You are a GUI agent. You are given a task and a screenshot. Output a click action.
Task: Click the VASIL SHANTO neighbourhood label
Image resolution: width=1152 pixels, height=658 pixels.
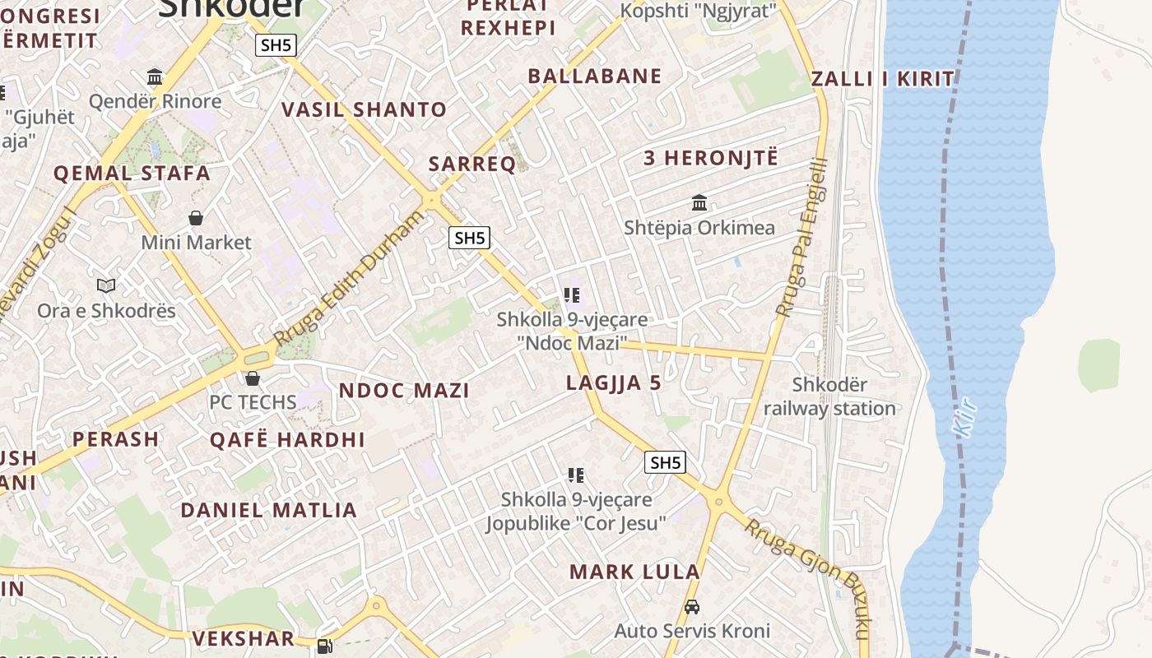pyautogui.click(x=364, y=109)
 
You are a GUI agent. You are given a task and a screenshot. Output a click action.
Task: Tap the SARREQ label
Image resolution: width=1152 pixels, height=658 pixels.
pyautogui.click(x=472, y=164)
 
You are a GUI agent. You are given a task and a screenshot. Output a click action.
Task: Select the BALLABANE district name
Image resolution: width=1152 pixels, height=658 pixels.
pyautogui.click(x=594, y=76)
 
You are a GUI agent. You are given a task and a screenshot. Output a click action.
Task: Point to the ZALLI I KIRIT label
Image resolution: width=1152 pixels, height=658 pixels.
pyautogui.click(x=883, y=80)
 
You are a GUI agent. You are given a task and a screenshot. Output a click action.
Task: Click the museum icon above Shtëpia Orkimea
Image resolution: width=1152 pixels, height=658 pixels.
pyautogui.click(x=699, y=202)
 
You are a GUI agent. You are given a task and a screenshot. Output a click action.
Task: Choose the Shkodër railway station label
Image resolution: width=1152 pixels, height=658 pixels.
pyautogui.click(x=829, y=396)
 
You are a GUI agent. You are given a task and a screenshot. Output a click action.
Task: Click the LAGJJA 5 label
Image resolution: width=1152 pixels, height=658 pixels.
pyautogui.click(x=613, y=382)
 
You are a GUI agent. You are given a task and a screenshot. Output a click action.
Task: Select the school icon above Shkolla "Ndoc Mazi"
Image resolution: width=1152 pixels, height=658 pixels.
pyautogui.click(x=573, y=295)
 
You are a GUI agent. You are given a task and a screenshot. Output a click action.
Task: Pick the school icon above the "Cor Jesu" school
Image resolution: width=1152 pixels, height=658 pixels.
pyautogui.click(x=576, y=475)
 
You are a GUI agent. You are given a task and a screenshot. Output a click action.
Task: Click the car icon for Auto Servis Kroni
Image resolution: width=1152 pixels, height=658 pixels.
pyautogui.click(x=692, y=608)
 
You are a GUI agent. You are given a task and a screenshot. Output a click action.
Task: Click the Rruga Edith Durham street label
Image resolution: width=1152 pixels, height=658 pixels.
pyautogui.click(x=349, y=279)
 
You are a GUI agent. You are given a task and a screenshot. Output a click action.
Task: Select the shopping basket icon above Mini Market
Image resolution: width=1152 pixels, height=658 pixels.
pyautogui.click(x=196, y=218)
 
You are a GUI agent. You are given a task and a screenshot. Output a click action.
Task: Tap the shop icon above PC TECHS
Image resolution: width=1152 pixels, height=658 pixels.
pyautogui.click(x=253, y=378)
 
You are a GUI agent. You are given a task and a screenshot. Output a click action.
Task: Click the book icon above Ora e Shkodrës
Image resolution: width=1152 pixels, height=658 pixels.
pyautogui.click(x=106, y=286)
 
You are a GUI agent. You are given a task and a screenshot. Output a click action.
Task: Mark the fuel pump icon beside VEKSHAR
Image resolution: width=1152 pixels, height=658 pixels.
pyautogui.click(x=325, y=646)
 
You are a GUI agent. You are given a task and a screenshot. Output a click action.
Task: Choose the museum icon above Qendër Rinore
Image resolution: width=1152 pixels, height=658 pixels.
pyautogui.click(x=155, y=77)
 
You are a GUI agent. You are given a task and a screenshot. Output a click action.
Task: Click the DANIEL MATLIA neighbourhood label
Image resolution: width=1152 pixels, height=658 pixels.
pyautogui.click(x=268, y=510)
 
